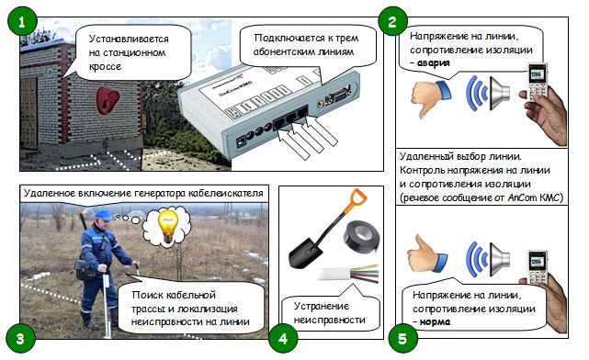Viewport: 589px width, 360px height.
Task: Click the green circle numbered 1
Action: (22, 22)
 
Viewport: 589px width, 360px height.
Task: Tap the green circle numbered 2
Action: (392, 22)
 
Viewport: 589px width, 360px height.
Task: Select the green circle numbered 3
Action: (20, 338)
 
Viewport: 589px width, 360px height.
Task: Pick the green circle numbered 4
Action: (283, 338)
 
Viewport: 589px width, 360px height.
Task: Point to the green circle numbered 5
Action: (402, 338)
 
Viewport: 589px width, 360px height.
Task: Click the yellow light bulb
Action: (167, 226)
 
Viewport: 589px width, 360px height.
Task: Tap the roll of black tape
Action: (361, 237)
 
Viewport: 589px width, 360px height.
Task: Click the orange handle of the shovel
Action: (357, 201)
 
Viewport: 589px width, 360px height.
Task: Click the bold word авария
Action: (433, 63)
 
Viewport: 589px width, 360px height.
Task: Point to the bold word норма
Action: (435, 321)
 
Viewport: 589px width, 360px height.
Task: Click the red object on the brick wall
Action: (108, 101)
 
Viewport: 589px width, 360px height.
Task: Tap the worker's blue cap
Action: (103, 215)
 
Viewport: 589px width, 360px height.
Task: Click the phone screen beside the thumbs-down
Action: (536, 75)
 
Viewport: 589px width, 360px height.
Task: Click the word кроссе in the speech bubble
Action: (105, 66)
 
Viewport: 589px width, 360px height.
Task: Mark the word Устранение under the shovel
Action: (322, 306)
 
